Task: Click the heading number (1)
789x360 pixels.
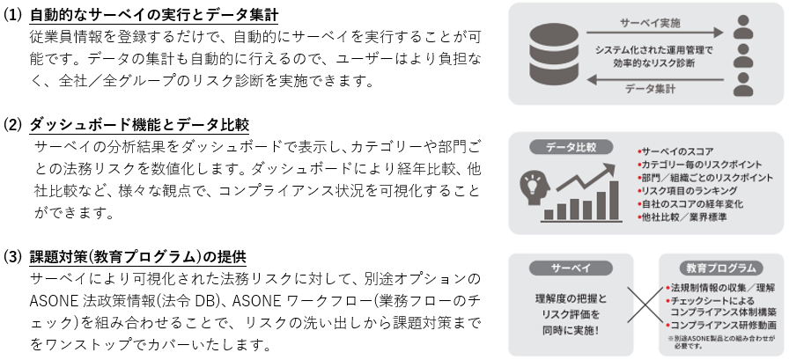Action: pyautogui.click(x=14, y=15)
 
